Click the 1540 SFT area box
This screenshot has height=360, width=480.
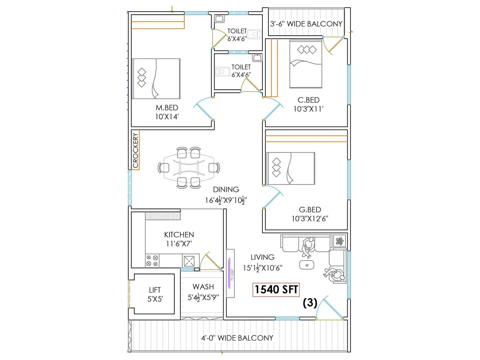276,290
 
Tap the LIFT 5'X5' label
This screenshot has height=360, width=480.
155,294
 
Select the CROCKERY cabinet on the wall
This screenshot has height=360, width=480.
136,150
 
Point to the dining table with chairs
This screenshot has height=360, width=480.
189,168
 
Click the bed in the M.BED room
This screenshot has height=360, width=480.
156,79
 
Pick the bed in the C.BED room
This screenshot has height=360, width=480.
306,64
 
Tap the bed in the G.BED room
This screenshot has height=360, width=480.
291,168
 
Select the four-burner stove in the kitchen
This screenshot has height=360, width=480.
152,260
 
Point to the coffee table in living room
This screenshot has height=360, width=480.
307,265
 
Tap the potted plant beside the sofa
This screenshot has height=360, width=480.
340,241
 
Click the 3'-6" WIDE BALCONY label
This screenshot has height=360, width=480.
306,24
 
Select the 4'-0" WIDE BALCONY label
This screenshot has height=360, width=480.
237,338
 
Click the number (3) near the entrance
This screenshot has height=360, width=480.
310,303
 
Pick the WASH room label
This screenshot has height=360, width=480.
203,287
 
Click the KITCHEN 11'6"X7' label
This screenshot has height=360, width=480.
179,239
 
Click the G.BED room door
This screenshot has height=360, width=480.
272,197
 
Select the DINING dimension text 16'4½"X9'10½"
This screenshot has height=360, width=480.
226,200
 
